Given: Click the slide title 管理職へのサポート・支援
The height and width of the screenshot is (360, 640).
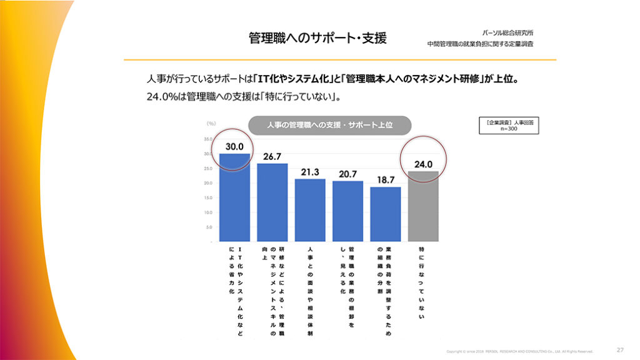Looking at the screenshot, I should tap(317, 38).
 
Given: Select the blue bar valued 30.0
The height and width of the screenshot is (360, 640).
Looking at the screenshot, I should tap(234, 197).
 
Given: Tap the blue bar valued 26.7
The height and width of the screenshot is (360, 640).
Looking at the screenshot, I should tap(272, 202).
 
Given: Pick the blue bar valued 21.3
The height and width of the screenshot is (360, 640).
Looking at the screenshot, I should tap(310, 210).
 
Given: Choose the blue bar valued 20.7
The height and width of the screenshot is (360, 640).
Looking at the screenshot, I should tap(347, 211).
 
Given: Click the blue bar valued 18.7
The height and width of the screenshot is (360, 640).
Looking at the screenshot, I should tap(386, 214).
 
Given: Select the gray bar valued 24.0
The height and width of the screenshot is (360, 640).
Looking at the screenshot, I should tap(423, 206).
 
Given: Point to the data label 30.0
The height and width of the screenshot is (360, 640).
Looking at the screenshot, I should tap(234, 146).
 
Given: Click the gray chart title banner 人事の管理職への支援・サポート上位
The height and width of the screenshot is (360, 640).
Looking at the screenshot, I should tap(329, 125).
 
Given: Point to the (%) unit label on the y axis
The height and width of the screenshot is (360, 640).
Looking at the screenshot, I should tap(211, 124).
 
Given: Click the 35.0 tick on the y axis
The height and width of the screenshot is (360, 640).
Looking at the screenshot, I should tap(207, 139).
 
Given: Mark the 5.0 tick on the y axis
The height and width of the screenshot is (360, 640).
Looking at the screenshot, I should tap(208, 227).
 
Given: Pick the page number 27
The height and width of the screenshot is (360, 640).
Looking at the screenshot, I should tap(620, 350).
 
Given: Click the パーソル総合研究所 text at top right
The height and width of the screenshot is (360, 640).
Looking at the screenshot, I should tap(508, 32).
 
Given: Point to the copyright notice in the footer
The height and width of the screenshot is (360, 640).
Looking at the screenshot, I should tap(519, 351).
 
